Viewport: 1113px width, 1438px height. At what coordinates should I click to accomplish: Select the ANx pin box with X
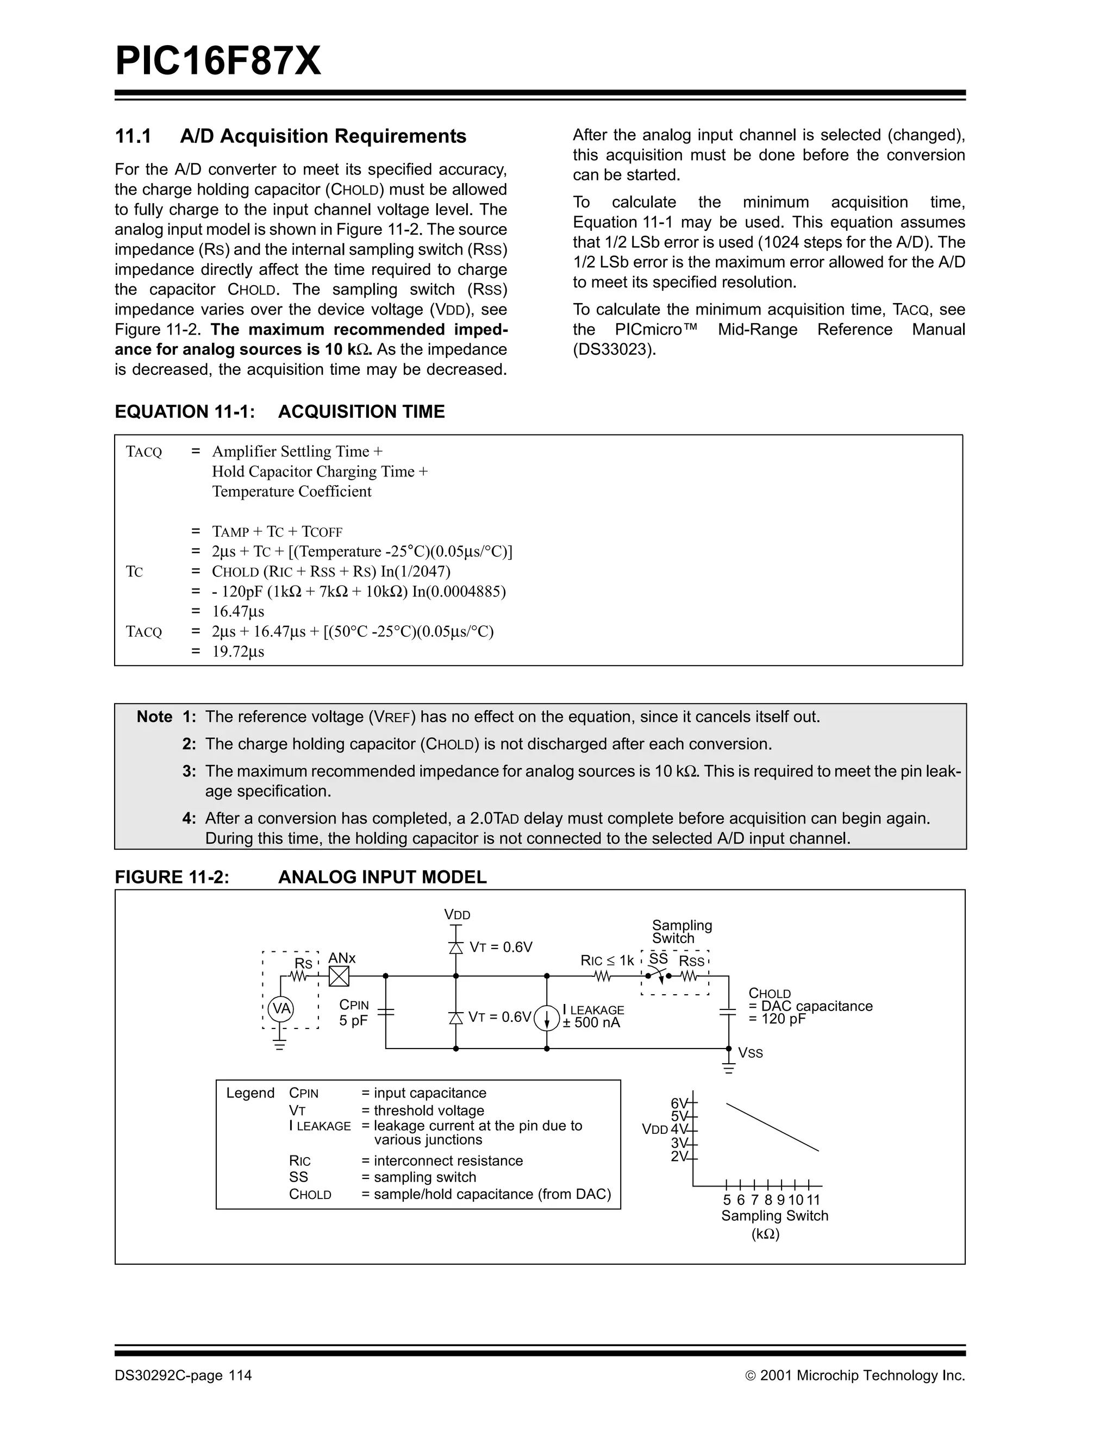coord(339,976)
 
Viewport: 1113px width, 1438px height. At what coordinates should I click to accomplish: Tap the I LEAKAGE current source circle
coord(547,1018)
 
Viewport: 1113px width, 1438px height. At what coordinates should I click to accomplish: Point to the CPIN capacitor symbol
coord(385,1012)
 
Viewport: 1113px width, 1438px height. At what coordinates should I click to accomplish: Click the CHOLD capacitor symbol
coord(728,1012)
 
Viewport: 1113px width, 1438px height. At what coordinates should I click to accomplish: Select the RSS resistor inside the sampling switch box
coord(689,976)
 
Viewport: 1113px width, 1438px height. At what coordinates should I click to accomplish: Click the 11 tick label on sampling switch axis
coord(814,1200)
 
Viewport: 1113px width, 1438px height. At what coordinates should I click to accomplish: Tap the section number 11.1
coord(133,136)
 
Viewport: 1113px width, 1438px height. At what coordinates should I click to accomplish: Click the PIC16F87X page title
coord(218,61)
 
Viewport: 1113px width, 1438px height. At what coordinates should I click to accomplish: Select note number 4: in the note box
coord(189,819)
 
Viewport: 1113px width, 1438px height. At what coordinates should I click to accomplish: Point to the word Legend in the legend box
coord(250,1093)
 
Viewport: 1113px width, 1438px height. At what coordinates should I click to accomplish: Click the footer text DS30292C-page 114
coord(183,1376)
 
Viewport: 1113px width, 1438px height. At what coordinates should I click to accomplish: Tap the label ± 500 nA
coord(591,1022)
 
